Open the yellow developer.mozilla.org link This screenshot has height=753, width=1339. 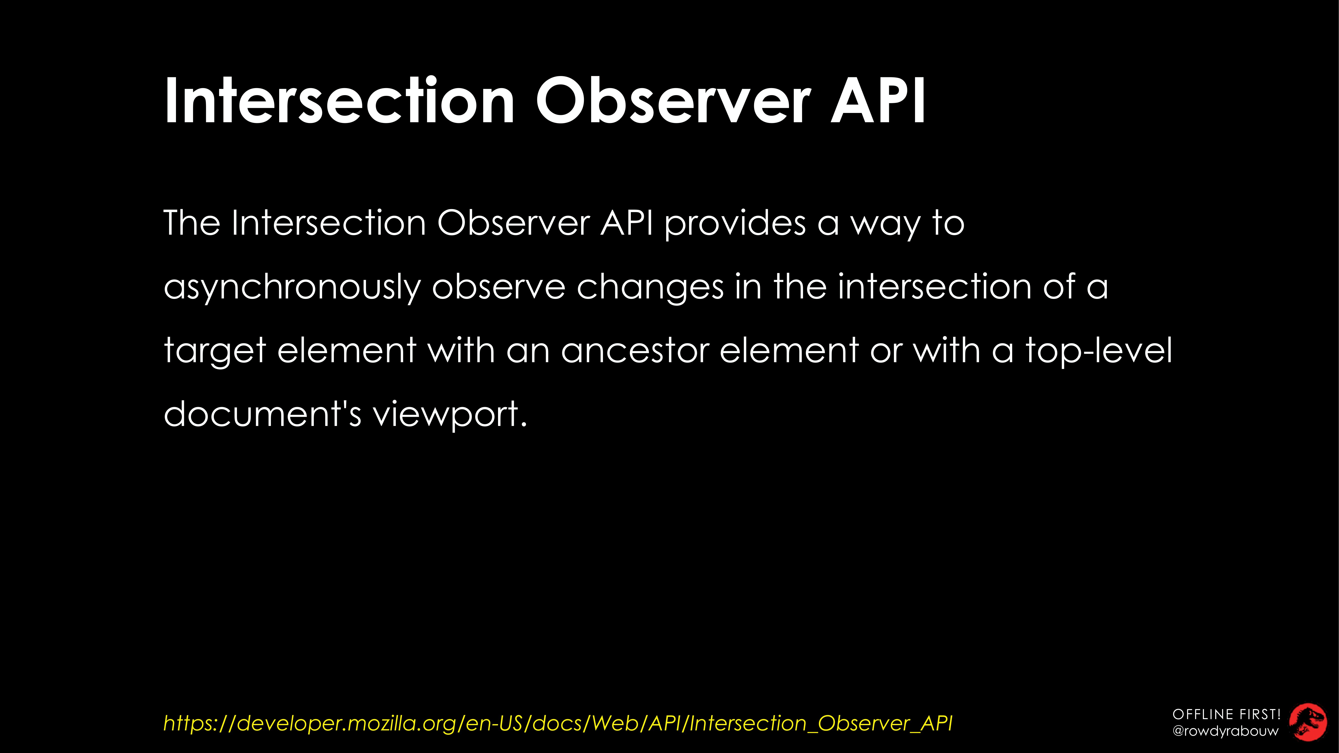pos(558,723)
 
